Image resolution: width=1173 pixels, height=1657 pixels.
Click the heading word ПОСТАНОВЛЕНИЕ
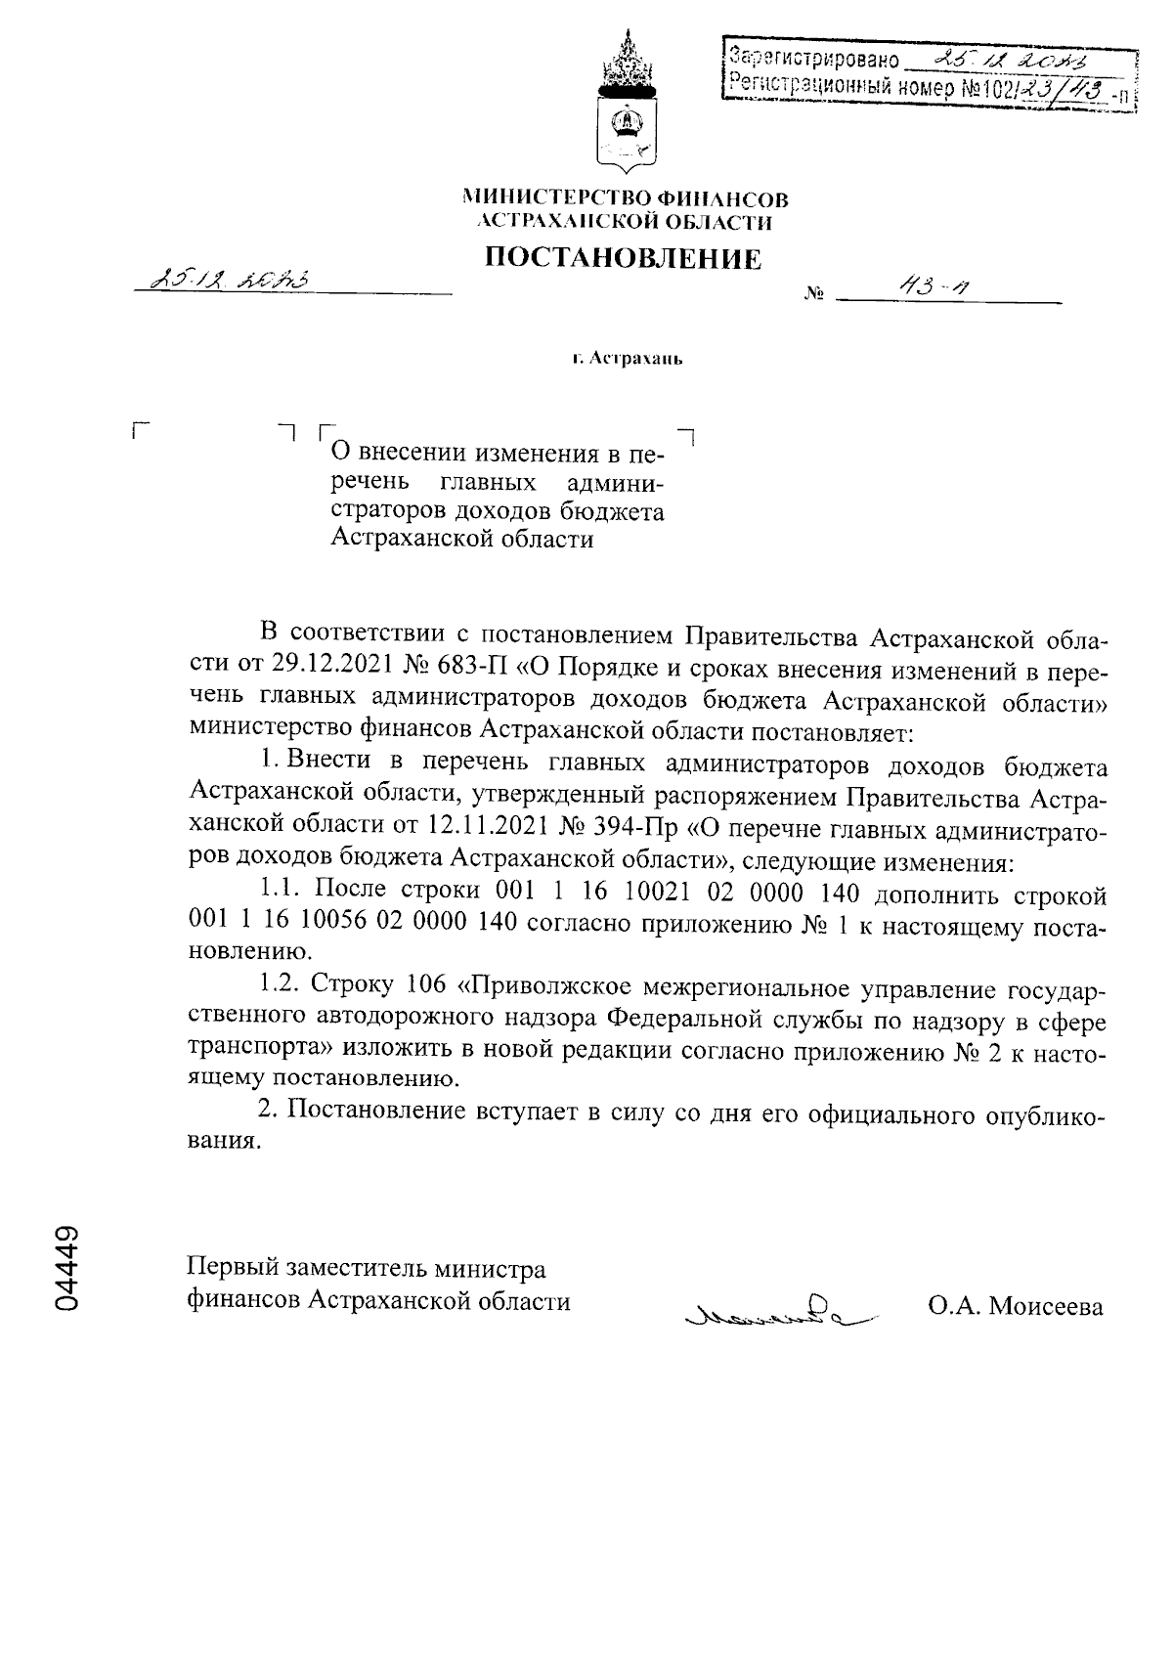[624, 258]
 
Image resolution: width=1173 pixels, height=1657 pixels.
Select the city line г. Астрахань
[627, 359]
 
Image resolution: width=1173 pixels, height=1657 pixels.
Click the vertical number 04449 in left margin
[67, 1268]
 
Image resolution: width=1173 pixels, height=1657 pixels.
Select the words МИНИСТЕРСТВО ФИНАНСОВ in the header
[625, 199]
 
